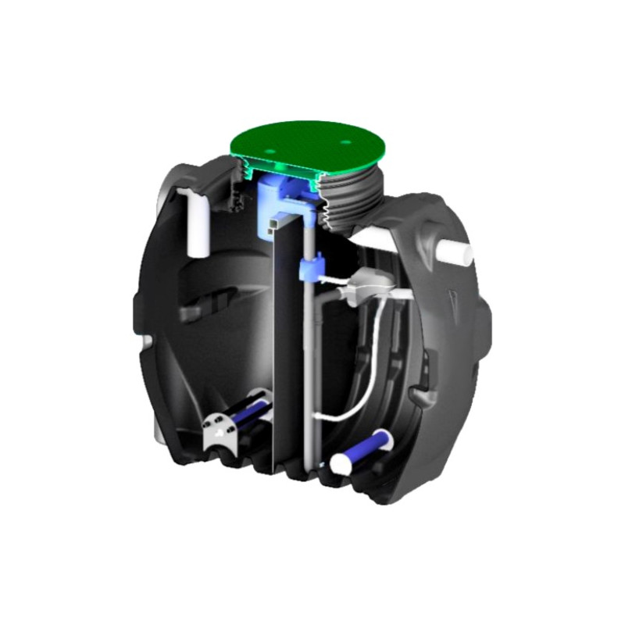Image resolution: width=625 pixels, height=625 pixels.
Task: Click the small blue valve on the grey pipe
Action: coord(309,270)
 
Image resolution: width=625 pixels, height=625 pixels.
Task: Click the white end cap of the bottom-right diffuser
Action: coord(341,463)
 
